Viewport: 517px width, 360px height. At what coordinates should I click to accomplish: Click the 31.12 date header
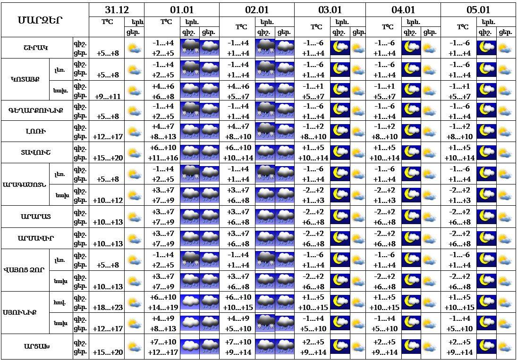(x=117, y=10)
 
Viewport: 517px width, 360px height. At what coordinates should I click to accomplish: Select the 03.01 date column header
(x=330, y=10)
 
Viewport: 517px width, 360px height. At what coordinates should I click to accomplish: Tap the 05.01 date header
(x=478, y=10)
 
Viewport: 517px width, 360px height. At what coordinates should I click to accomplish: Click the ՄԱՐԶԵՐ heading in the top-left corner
(x=40, y=20)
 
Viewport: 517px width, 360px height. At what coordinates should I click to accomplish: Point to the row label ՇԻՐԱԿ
(x=37, y=48)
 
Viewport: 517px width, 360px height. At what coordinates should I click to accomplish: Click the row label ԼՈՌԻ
(x=36, y=132)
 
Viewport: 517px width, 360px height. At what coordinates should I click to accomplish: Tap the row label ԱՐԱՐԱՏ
(x=36, y=217)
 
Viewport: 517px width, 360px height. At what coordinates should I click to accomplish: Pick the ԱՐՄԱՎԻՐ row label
(x=36, y=238)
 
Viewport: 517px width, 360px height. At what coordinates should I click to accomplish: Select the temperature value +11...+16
(x=163, y=158)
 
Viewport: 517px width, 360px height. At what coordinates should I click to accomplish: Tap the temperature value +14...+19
(x=163, y=308)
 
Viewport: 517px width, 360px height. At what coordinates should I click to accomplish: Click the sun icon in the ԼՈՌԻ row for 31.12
(x=135, y=132)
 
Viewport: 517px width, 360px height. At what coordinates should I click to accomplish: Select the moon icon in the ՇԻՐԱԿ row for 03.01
(x=340, y=47)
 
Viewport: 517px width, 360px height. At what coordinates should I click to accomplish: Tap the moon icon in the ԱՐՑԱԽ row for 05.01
(x=487, y=346)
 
